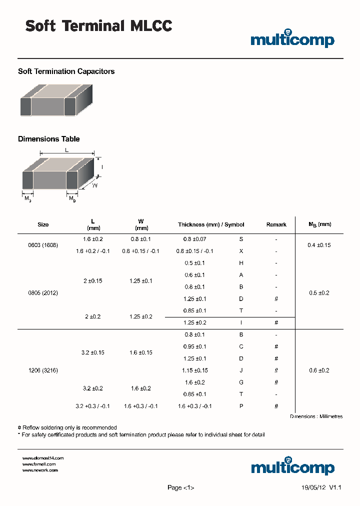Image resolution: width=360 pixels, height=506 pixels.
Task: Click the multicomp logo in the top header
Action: (292, 39)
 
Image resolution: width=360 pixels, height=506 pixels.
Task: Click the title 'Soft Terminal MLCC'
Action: (98, 26)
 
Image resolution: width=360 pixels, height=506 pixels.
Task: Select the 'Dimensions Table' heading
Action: (48, 139)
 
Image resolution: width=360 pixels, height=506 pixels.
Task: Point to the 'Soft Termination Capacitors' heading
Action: (66, 71)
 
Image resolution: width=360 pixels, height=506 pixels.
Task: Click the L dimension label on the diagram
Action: (66, 150)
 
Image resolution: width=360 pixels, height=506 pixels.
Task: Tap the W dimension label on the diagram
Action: (94, 185)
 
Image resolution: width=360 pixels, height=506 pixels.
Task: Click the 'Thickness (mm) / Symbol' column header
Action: (211, 224)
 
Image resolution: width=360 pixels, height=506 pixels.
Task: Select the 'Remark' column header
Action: (276, 224)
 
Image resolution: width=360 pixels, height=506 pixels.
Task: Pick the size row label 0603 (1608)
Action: (43, 245)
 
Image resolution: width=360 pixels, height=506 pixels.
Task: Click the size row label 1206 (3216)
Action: (43, 370)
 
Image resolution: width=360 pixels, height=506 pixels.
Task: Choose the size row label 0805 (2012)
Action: (43, 293)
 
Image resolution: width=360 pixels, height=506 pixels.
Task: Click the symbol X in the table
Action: (241, 251)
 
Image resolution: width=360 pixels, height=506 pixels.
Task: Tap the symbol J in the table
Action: (241, 370)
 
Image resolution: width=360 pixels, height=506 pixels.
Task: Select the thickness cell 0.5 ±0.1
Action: (194, 263)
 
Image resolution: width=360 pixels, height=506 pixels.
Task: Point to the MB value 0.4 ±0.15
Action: (319, 245)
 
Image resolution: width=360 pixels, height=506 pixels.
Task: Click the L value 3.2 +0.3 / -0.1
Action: (92, 406)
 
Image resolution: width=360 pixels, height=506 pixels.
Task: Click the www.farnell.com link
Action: (39, 464)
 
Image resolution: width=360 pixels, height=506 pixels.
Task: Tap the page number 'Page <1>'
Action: (180, 487)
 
